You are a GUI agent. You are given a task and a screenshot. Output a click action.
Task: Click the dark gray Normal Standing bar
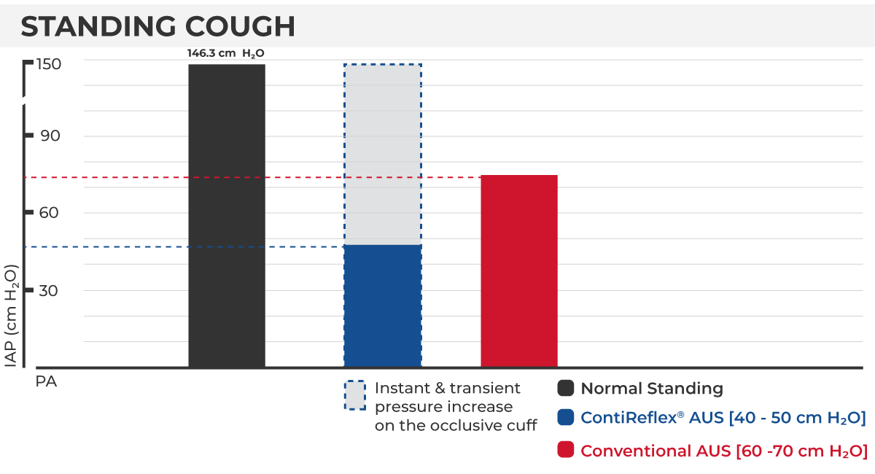coord(226,215)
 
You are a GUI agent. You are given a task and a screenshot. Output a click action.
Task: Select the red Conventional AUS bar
coord(519,271)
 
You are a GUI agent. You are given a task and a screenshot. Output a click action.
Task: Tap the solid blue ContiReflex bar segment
coord(383,305)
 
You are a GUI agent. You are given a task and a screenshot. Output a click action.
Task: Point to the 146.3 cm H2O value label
coord(225,53)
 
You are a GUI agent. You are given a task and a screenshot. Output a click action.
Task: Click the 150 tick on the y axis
coord(48,64)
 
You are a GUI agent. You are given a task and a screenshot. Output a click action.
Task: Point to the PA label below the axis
coord(46,381)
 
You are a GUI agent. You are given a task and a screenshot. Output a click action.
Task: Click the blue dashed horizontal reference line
coord(182,247)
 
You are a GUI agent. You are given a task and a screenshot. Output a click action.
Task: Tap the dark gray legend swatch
coord(566,389)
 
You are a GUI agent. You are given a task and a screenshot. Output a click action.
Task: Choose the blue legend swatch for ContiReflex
coord(566,418)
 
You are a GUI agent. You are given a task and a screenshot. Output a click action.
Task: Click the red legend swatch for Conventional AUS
coord(566,450)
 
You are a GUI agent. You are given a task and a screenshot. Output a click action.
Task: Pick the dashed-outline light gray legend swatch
coord(354,395)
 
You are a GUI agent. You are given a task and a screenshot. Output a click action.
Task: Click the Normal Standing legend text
coord(652,389)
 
